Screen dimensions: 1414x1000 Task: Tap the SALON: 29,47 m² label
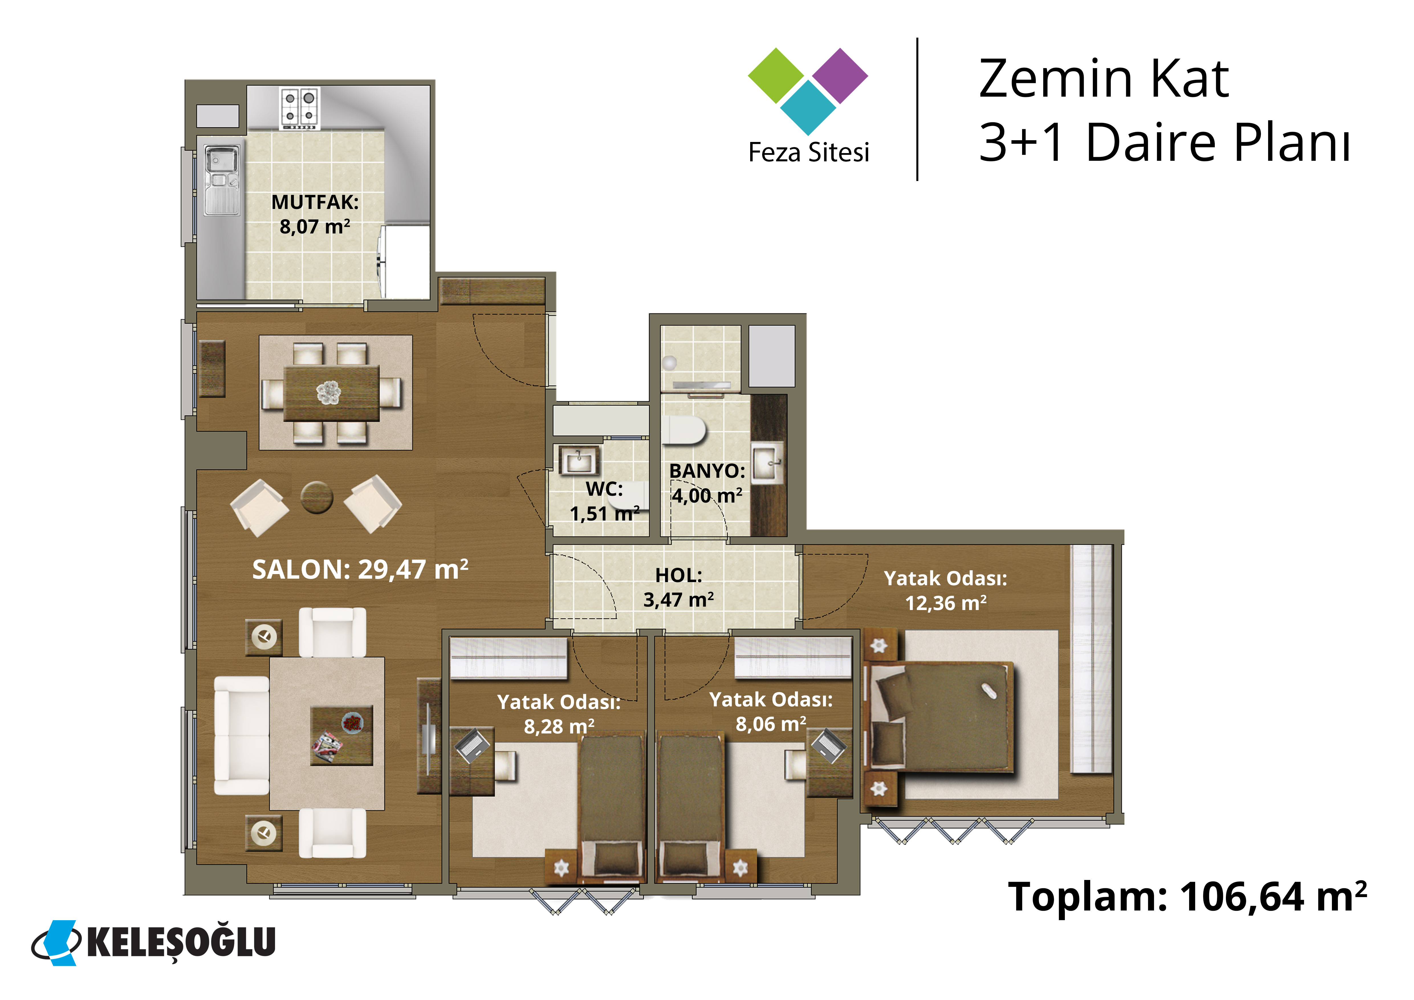360,570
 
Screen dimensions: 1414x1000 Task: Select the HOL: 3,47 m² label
679,588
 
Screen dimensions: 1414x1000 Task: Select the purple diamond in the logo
840,76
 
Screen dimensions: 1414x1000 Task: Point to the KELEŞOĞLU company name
181,942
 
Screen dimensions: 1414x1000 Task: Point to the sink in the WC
578,459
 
